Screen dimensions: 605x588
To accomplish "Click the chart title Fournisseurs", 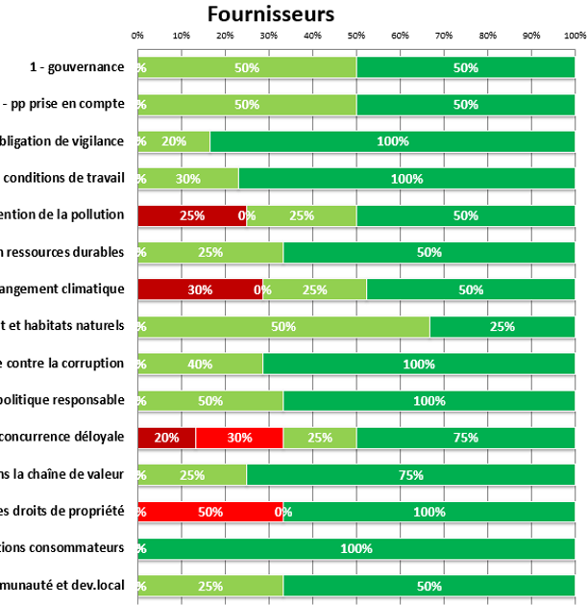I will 271,13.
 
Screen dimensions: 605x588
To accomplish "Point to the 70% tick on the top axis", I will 444,35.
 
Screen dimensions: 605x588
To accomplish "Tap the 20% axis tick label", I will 225,35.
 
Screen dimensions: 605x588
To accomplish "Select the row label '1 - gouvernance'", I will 77,67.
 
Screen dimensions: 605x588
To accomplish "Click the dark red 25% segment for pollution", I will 191,215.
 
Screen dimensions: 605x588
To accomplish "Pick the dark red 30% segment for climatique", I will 200,290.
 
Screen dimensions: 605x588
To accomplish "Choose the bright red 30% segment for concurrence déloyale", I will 238,438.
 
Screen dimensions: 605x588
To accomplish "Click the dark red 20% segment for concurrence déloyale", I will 166,438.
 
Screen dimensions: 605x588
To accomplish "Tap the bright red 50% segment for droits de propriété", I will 209,512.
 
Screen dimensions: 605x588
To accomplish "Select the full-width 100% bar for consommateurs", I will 356,548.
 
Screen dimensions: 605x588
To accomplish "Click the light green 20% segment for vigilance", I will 174,141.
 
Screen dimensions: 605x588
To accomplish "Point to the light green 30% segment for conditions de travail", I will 188,179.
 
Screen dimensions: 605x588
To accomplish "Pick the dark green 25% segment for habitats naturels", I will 502,326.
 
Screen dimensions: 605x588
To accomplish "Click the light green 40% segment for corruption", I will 200,364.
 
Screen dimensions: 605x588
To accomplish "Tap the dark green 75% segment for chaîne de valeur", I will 410,474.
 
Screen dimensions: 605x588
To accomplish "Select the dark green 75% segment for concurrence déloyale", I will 465,438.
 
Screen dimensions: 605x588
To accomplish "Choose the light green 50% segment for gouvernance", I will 247,67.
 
